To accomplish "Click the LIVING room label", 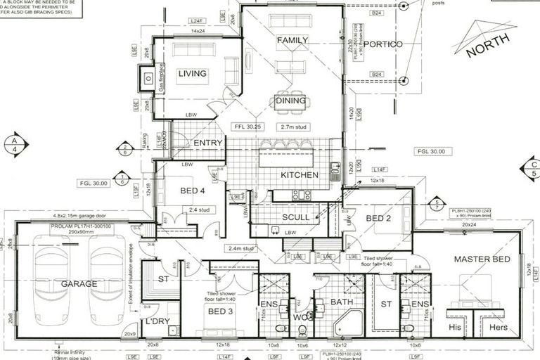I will (192, 73).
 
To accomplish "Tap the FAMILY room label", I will (292, 41).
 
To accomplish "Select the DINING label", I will (290, 101).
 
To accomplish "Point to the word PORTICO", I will (383, 44).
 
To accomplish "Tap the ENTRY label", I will (207, 143).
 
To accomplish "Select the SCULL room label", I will (296, 217).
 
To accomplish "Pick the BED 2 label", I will (378, 217).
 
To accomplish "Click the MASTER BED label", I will (481, 259).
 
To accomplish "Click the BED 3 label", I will (220, 311).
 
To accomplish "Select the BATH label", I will (342, 302).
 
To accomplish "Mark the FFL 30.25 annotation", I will (247, 127).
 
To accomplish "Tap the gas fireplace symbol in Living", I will (148, 79).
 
